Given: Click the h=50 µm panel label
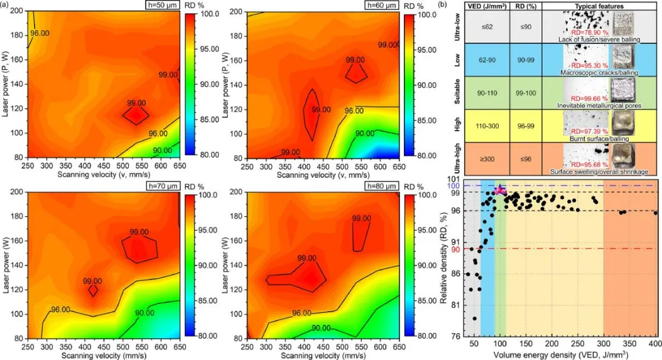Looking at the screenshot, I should click(x=158, y=6).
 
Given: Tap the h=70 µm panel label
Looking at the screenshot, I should click(x=158, y=186).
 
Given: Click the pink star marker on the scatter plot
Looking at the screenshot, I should click(x=500, y=190).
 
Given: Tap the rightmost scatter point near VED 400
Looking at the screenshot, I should click(x=655, y=213).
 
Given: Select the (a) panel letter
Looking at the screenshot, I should click(x=5, y=4).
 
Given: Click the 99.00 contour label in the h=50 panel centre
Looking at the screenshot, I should click(x=136, y=103).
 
